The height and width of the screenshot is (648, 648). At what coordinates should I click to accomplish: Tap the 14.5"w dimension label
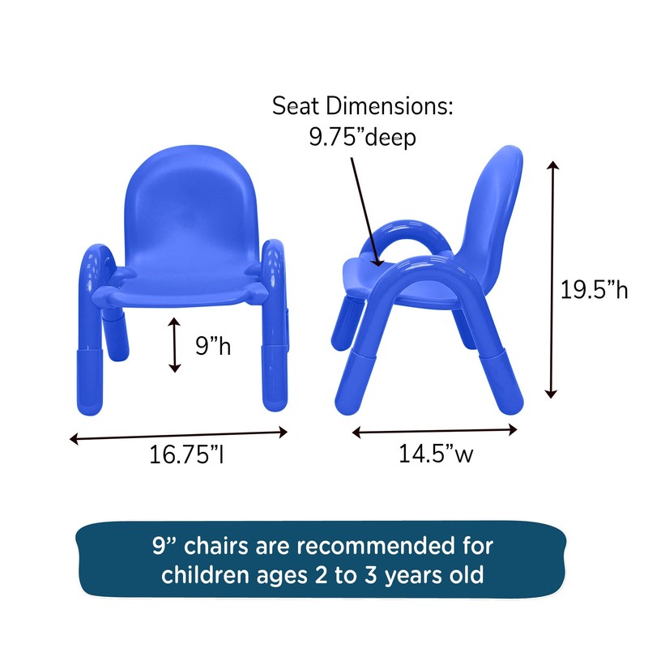[x=435, y=454]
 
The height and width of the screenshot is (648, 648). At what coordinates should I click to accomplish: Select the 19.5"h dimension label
[x=595, y=289]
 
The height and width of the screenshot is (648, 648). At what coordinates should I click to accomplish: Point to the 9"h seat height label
[x=213, y=347]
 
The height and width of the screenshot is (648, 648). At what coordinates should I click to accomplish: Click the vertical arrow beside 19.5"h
[x=552, y=279]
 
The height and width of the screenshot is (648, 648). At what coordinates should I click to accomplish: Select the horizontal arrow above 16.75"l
[x=179, y=435]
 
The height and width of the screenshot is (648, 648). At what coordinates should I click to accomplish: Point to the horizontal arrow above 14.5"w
[x=435, y=432]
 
